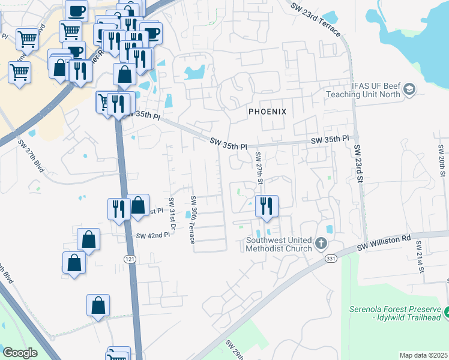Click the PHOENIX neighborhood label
pyautogui.click(x=268, y=112)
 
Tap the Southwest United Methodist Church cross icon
pyautogui.click(x=321, y=244)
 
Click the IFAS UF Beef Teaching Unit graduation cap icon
pyautogui.click(x=409, y=90)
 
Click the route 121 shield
pyautogui.click(x=130, y=259)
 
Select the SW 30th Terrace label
pyautogui.click(x=193, y=220)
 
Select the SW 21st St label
pyautogui.click(x=421, y=258)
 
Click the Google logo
pyautogui.click(x=20, y=353)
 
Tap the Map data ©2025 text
pyautogui.click(x=423, y=355)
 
